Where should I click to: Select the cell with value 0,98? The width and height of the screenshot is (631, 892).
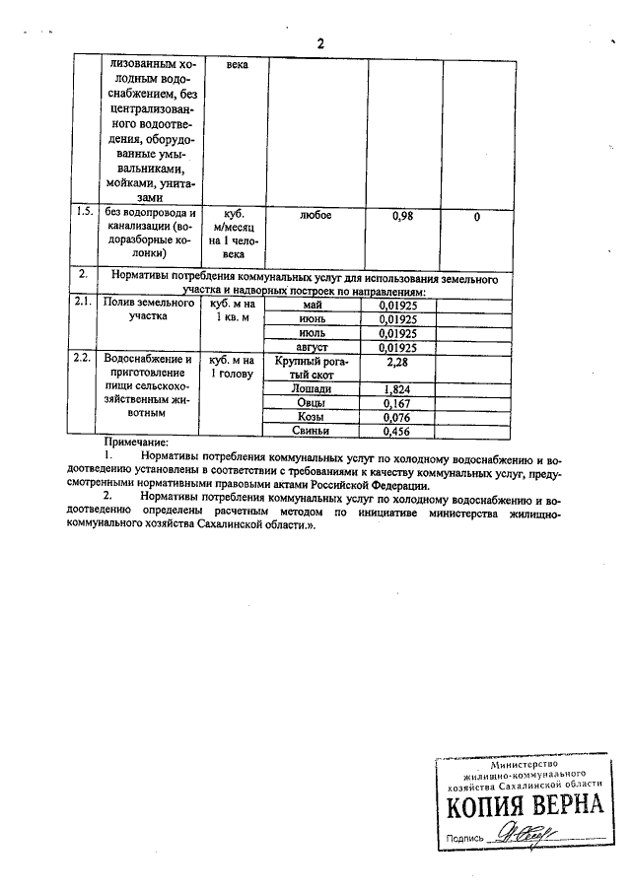[x=403, y=215]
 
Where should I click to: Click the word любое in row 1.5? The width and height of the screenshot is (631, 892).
[x=315, y=214]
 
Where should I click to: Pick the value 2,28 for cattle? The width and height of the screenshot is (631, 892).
[x=399, y=362]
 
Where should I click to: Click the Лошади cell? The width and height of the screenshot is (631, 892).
[x=313, y=389]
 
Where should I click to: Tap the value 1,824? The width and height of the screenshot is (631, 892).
[x=399, y=390]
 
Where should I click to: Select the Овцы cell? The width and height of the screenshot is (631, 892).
[x=313, y=403]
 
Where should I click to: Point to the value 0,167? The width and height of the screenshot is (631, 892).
[x=399, y=404]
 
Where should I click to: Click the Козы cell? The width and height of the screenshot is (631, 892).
[x=313, y=417]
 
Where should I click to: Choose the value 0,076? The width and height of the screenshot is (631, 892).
[x=399, y=418]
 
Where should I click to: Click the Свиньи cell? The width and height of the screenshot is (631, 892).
[x=313, y=431]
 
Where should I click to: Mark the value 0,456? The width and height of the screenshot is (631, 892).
[x=399, y=432]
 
